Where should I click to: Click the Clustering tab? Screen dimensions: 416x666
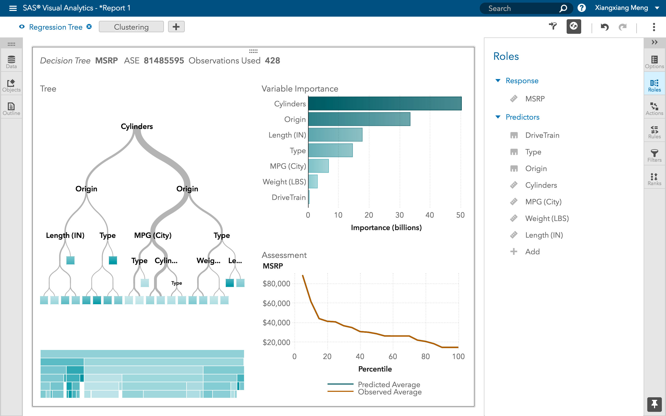131,27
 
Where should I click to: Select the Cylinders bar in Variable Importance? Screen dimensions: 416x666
385,103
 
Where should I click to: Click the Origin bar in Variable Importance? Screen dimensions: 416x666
359,119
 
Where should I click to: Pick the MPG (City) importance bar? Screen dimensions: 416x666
318,166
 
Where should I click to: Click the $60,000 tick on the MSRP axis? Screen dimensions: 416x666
276,303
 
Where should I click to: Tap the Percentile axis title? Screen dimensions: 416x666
375,369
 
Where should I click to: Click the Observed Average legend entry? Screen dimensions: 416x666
389,392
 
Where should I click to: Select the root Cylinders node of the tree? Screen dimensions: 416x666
137,127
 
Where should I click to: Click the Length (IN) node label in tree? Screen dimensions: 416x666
65,235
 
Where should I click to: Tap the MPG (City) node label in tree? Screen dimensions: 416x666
153,235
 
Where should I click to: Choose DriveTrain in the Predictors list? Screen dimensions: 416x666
542,135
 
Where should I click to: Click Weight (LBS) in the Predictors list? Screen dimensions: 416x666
547,218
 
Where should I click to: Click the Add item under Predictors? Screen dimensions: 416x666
532,251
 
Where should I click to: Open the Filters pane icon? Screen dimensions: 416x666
654,155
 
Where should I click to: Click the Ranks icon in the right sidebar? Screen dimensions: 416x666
654,179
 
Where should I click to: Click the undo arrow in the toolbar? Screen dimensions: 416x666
604,27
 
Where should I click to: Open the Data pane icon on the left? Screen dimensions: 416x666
11,62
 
